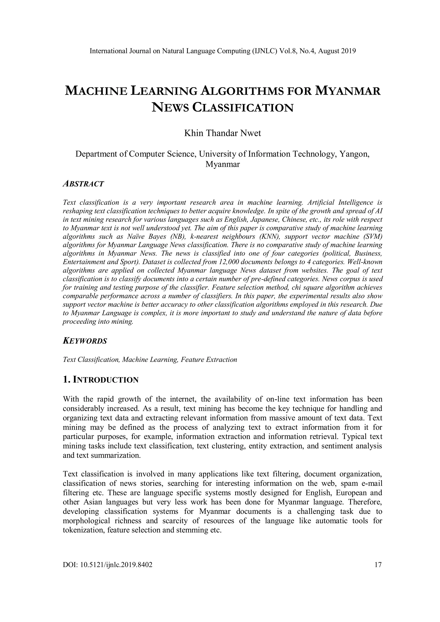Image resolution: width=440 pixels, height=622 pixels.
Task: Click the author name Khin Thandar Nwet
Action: click(222, 133)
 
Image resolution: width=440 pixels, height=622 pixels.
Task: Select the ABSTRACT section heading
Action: click(83, 184)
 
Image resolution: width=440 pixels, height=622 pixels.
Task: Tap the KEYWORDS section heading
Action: click(85, 341)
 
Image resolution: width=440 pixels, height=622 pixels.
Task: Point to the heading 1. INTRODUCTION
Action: click(101, 380)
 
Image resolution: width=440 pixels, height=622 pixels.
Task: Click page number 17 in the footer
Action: click(378, 565)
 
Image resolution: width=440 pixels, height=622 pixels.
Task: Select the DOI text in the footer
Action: click(107, 565)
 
